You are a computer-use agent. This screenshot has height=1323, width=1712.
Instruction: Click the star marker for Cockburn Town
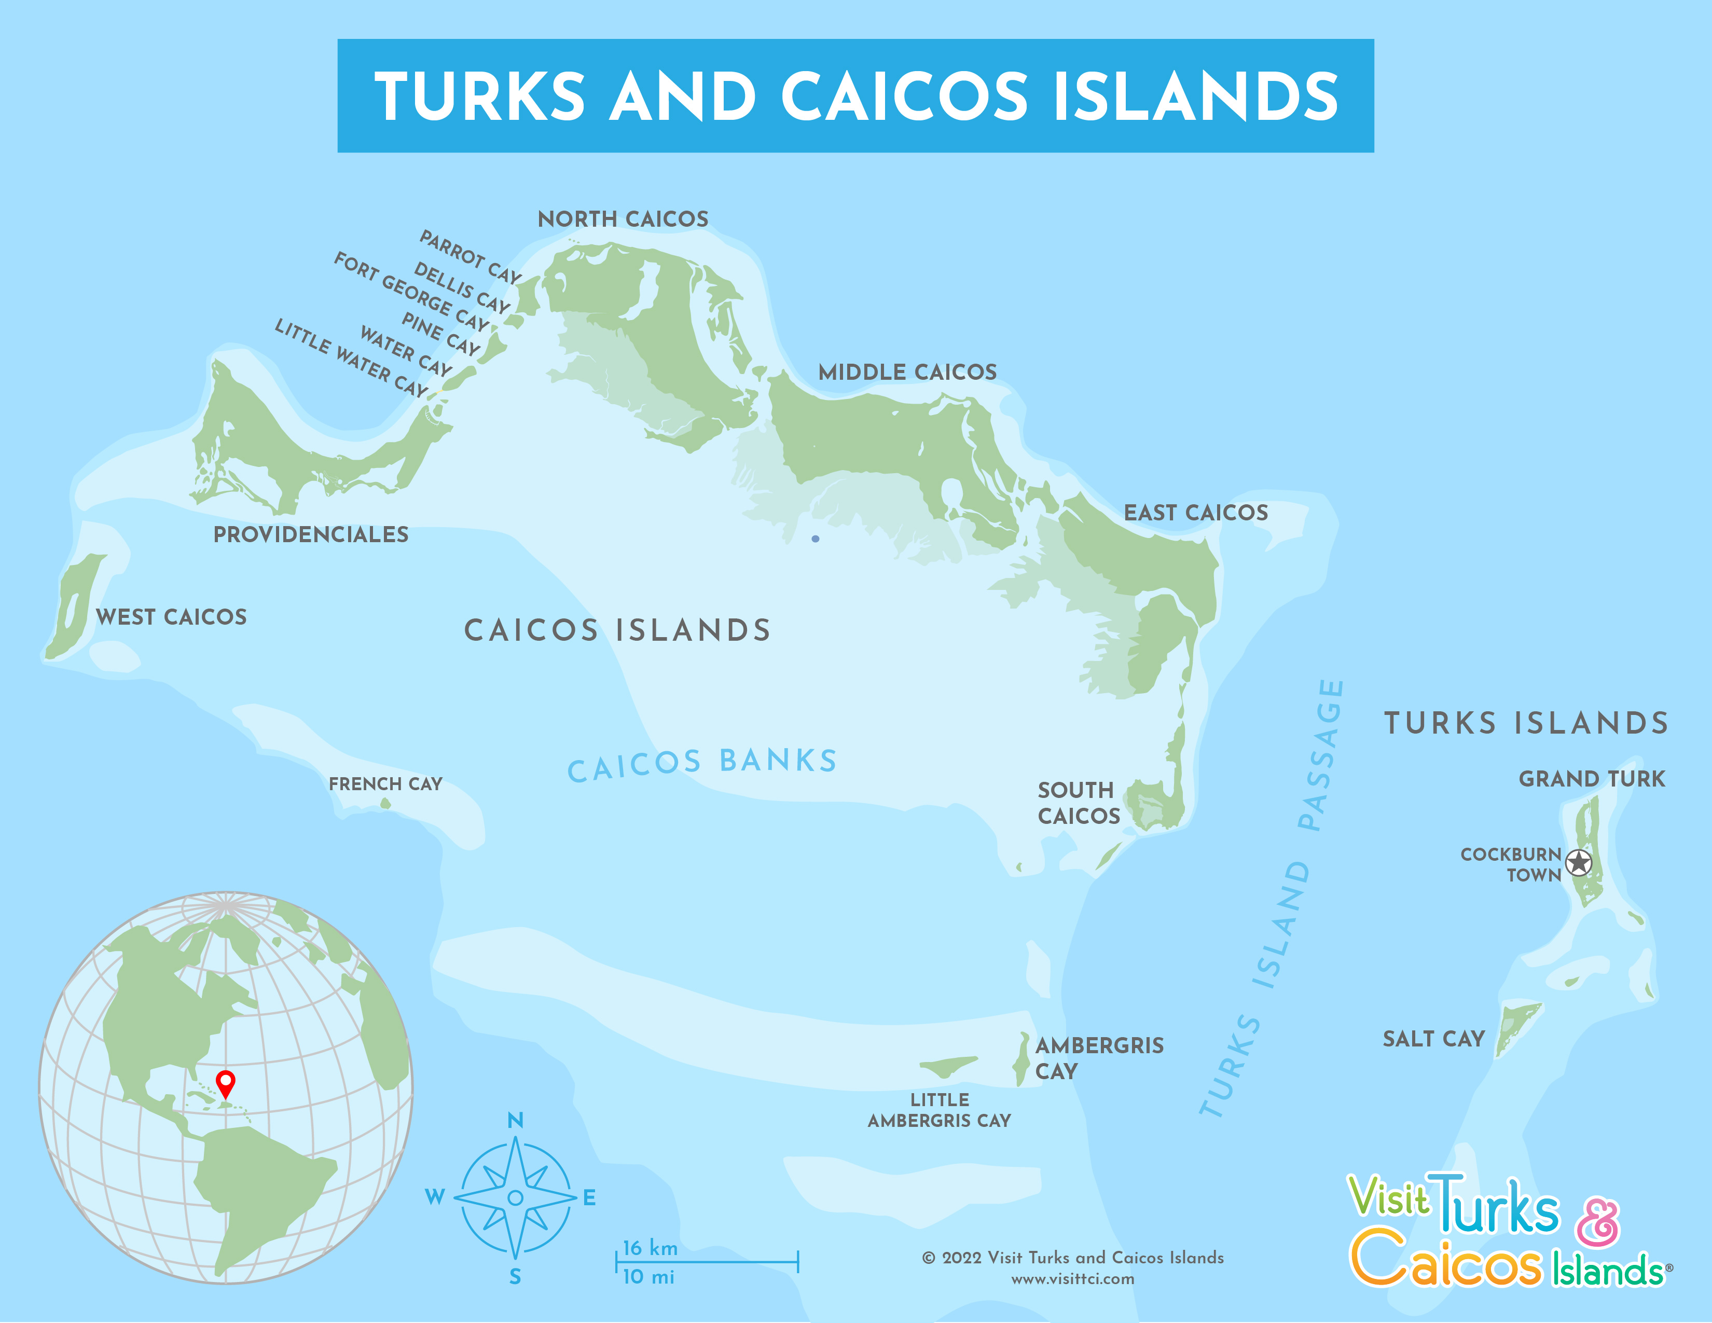click(1578, 863)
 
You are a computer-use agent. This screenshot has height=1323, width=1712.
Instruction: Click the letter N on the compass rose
click(515, 1120)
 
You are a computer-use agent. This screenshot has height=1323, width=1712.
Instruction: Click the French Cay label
click(385, 784)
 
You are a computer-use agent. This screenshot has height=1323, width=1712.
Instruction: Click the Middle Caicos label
click(907, 373)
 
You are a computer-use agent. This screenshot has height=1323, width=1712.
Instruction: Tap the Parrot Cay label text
click(471, 257)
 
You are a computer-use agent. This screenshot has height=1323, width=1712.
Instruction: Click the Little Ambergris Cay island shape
click(948, 1066)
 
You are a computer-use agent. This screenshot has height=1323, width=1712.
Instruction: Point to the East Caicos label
click(1195, 513)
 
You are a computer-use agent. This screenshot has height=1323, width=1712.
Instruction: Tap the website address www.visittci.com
click(1072, 1279)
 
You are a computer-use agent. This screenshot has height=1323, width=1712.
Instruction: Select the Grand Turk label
click(1591, 779)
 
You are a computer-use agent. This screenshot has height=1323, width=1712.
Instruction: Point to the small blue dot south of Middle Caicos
click(815, 539)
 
